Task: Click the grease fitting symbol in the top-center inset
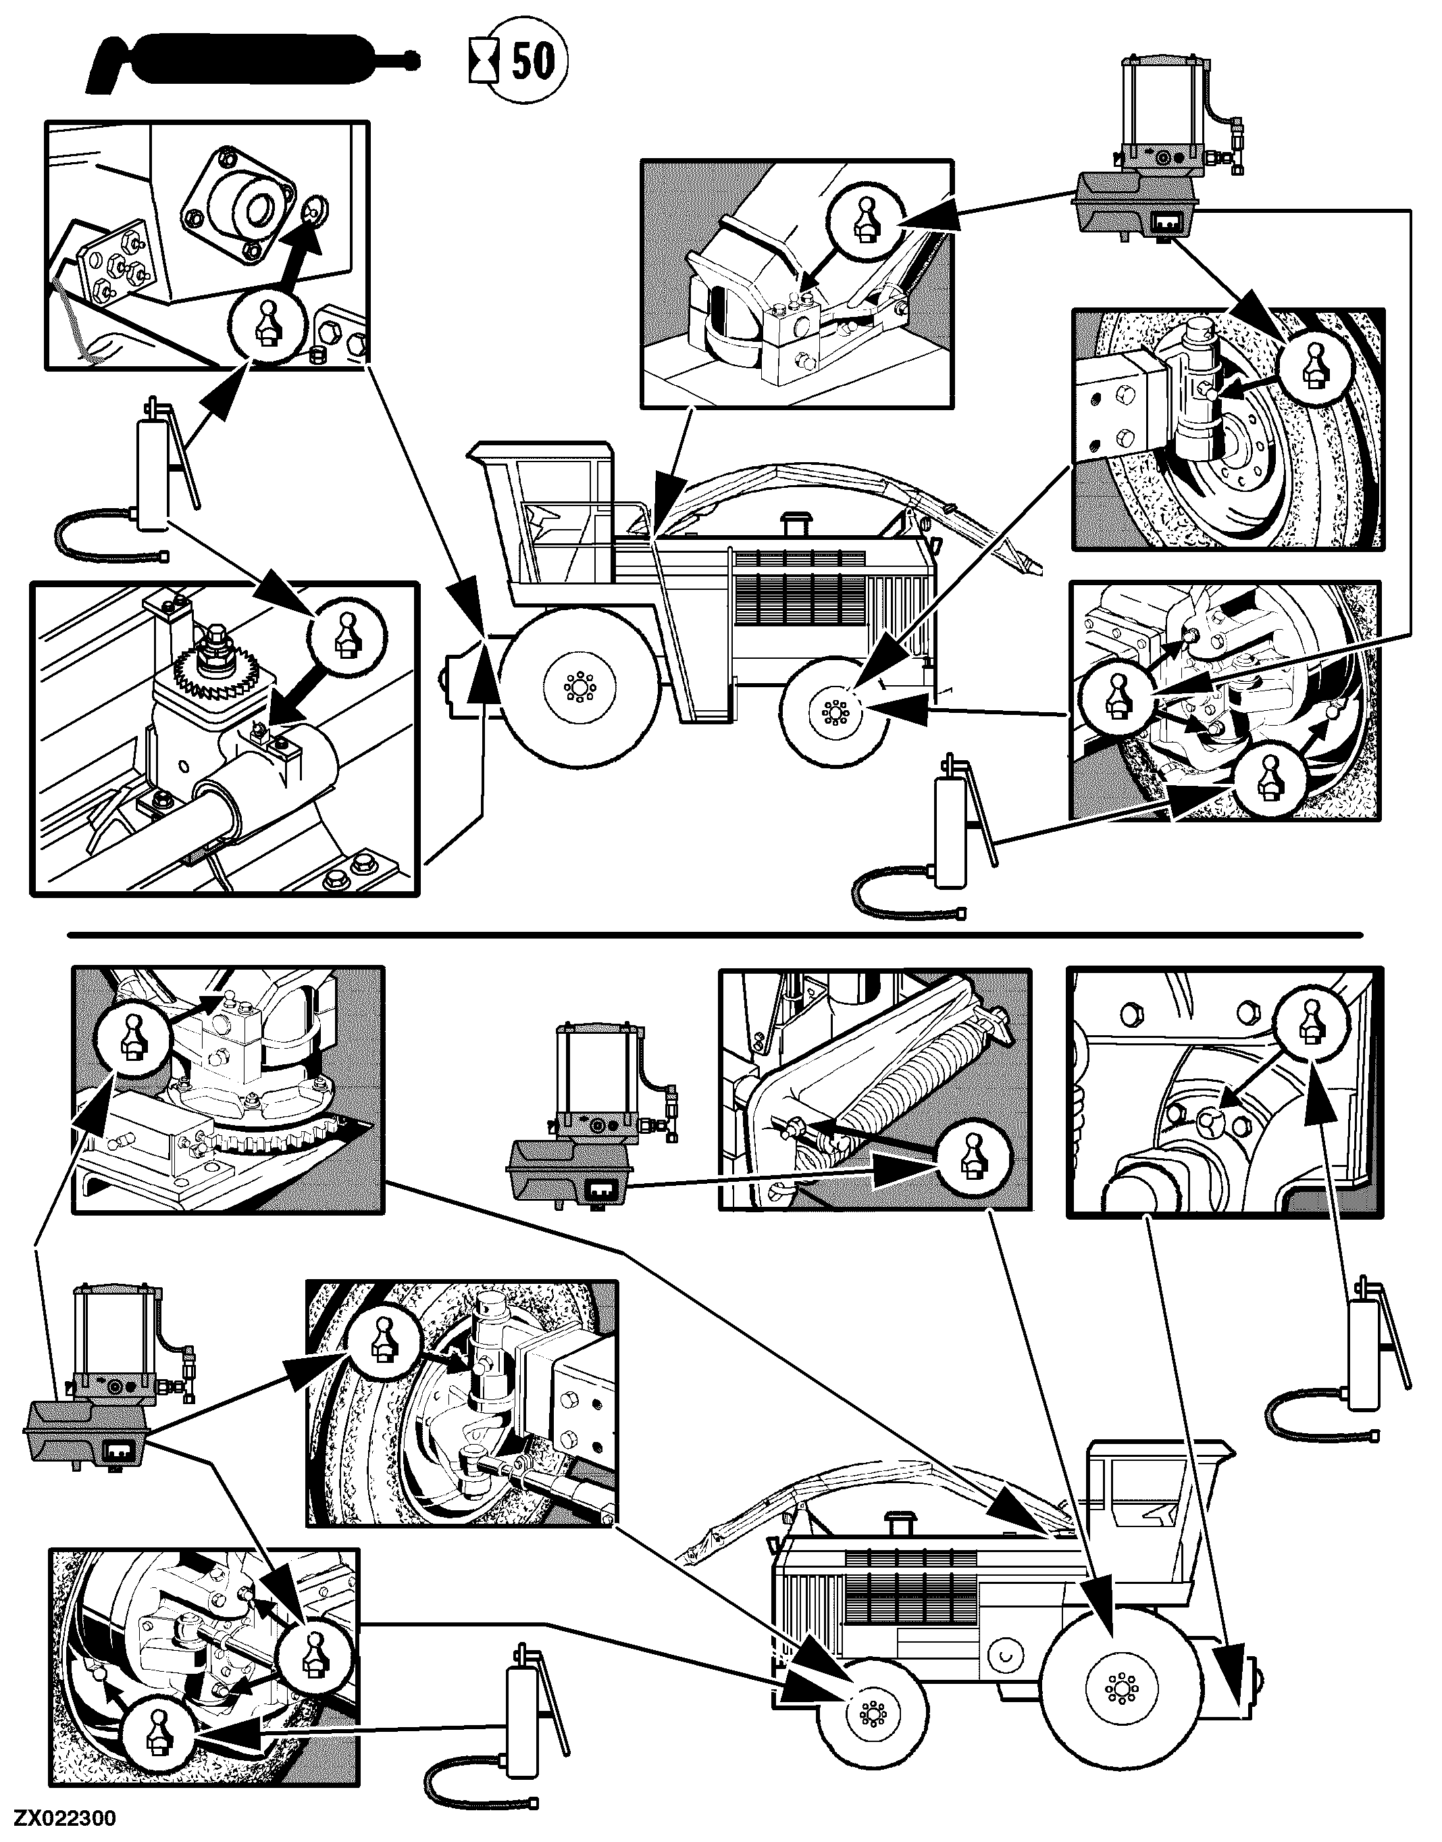tap(864, 217)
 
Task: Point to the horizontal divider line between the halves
tap(715, 935)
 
